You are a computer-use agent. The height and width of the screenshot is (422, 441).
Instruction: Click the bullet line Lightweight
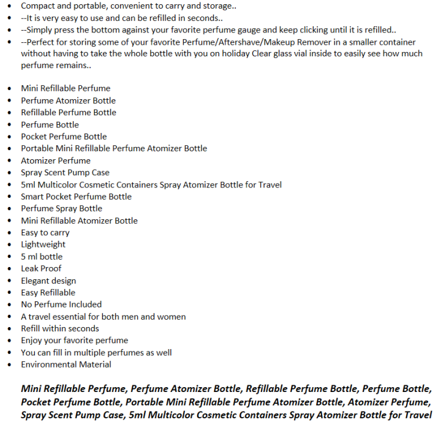(x=43, y=244)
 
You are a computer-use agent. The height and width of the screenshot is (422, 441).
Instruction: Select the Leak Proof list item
(x=41, y=268)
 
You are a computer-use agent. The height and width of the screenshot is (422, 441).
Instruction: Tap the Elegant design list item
(x=48, y=281)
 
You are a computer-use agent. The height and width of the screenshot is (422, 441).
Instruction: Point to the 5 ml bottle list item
(x=42, y=257)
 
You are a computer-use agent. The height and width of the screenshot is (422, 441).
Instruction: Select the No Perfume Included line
(x=61, y=304)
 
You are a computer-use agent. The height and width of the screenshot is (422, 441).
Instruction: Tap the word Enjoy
(x=32, y=341)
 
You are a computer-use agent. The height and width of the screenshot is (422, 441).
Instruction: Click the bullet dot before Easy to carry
(x=8, y=233)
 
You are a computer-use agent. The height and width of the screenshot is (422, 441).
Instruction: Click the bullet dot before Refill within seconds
(x=8, y=329)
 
